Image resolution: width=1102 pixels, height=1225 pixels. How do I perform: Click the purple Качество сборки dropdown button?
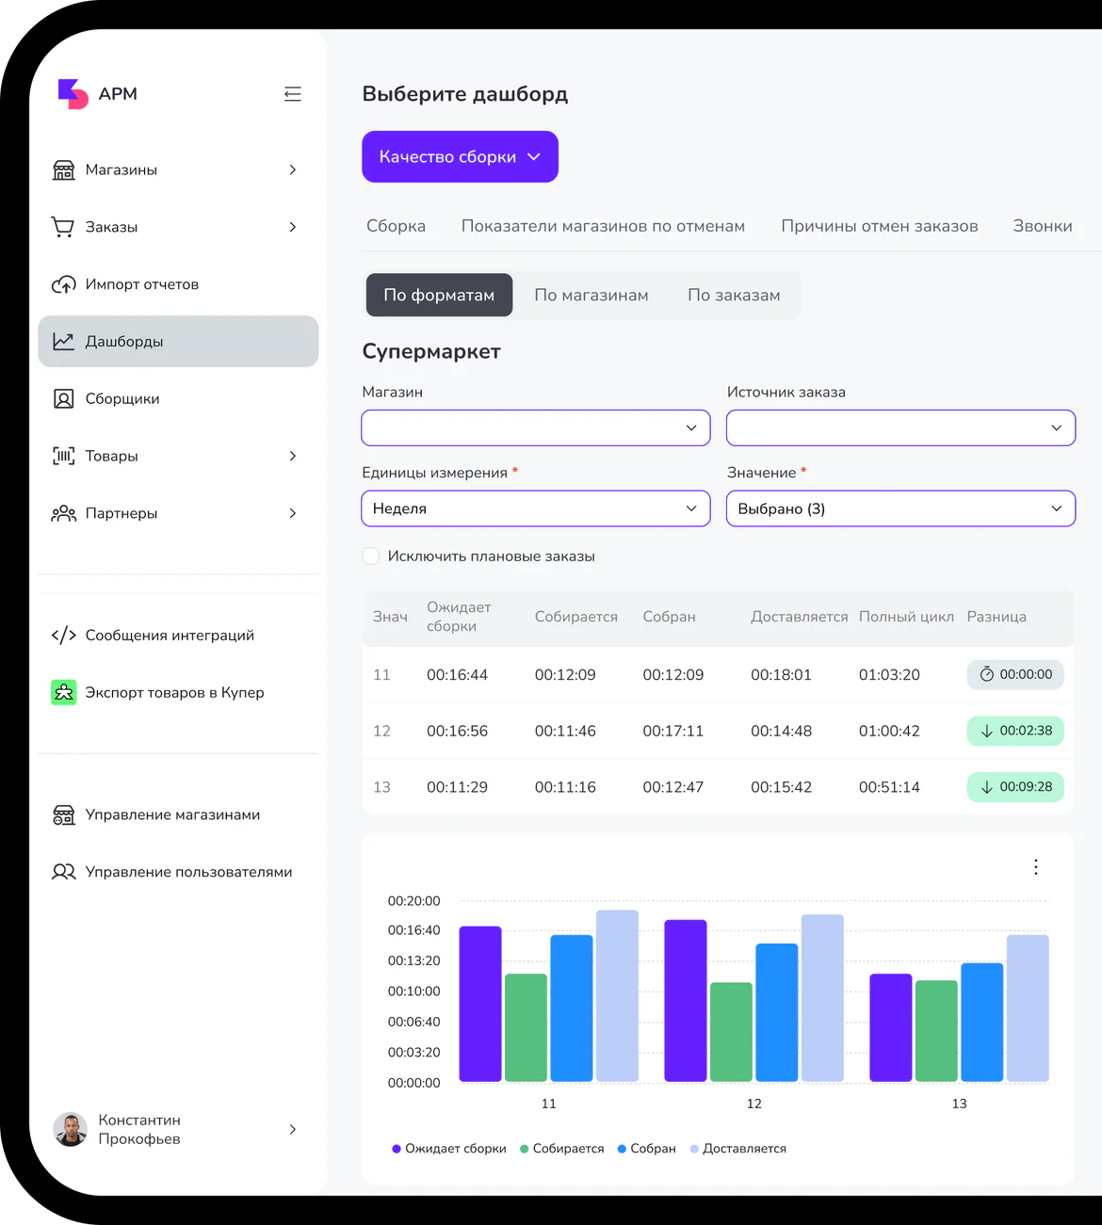coord(460,156)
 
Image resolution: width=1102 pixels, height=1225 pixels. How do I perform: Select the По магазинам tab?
coord(591,295)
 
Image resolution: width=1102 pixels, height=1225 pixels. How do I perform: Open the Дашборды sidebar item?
coord(178,342)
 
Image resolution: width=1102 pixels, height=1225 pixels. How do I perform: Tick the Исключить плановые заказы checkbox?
coord(371,556)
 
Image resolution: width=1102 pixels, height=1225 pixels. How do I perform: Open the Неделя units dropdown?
coord(536,508)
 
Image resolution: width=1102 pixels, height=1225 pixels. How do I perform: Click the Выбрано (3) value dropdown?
coord(900,508)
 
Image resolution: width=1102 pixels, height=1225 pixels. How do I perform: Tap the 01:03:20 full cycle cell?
coord(889,675)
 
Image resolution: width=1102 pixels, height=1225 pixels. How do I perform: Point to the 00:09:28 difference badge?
coord(1015,787)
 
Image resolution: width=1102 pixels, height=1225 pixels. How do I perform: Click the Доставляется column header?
coord(799,617)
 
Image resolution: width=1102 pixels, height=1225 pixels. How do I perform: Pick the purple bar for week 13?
coord(891,1028)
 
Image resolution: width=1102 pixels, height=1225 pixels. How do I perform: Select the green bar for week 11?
coord(526,1028)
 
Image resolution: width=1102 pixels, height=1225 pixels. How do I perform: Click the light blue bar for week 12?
coord(822,998)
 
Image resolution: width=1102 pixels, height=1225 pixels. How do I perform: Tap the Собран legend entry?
coord(647,1149)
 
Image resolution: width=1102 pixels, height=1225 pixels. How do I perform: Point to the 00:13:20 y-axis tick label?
coord(413,960)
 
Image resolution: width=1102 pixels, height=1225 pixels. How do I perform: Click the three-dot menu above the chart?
coord(1036,867)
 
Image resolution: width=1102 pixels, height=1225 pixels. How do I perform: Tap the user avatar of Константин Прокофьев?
coord(71,1129)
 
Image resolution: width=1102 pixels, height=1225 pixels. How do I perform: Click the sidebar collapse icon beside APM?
coord(293,94)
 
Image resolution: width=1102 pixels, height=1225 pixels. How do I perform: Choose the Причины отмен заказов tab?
coord(879,226)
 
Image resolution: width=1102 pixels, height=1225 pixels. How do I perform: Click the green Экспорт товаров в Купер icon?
coord(63,692)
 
